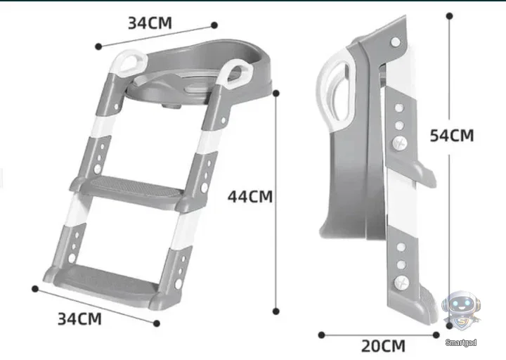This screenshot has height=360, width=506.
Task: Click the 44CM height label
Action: [250, 196]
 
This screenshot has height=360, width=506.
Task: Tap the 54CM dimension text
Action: [452, 135]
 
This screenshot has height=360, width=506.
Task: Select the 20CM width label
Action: [383, 346]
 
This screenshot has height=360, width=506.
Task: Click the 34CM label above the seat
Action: [150, 23]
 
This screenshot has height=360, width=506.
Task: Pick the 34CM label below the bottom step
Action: [79, 319]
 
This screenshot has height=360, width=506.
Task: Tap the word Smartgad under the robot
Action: [461, 342]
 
